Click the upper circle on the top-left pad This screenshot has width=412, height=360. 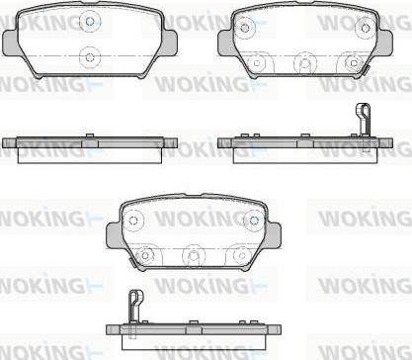(x=90, y=21)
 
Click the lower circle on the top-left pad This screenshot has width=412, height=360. (x=90, y=57)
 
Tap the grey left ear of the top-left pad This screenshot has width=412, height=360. (x=10, y=43)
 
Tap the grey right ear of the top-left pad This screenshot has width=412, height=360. (x=170, y=43)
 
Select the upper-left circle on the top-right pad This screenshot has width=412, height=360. (x=244, y=27)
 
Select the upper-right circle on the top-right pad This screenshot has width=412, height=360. (x=365, y=28)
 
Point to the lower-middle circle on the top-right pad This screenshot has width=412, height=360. (x=305, y=62)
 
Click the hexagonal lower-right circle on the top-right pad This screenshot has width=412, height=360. (x=354, y=62)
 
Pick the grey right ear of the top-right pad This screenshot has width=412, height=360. (x=385, y=43)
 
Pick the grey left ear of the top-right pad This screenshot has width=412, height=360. (x=226, y=43)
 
